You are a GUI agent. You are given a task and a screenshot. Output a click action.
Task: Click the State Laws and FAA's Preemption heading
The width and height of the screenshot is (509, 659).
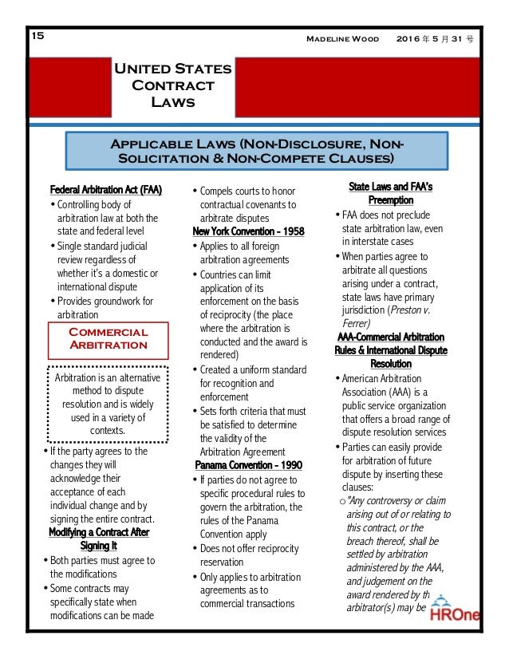click(390, 194)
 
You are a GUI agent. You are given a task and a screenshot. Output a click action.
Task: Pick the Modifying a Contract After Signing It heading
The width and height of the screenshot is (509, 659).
click(99, 539)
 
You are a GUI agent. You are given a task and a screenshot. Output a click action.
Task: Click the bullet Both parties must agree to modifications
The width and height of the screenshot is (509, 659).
click(104, 567)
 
